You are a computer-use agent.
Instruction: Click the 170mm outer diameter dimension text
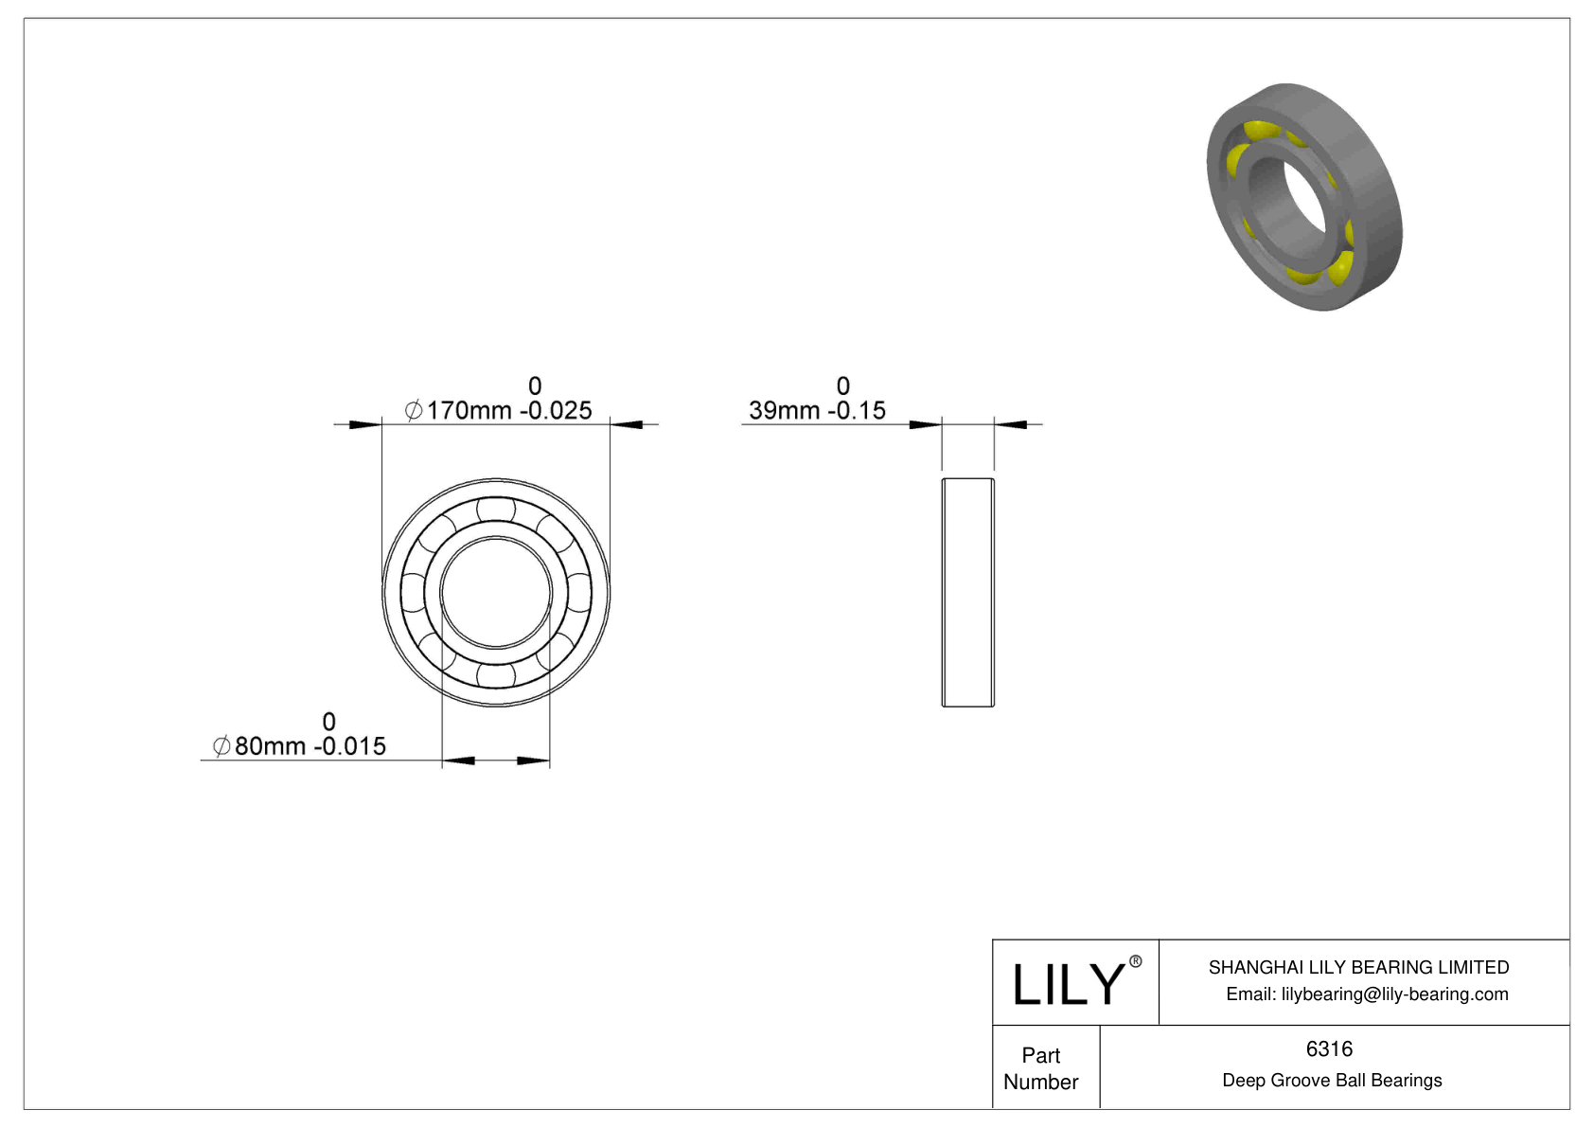click(508, 410)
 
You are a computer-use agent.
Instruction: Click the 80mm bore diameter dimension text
click(310, 746)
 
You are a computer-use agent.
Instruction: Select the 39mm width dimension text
click(817, 410)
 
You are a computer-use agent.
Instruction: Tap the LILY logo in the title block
click(1068, 984)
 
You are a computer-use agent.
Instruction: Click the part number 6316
click(1329, 1048)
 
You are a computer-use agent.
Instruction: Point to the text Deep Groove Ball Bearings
click(1332, 1081)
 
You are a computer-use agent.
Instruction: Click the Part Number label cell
click(1041, 1068)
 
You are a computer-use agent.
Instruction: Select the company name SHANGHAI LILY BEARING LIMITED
click(1358, 967)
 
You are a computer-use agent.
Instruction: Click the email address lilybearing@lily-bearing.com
click(1367, 994)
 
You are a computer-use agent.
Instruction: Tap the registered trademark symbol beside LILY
click(1135, 962)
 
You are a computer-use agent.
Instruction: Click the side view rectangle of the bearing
click(967, 592)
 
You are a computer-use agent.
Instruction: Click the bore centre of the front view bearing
click(496, 592)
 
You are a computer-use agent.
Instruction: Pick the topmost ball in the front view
click(496, 510)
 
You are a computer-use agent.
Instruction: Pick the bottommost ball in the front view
click(496, 674)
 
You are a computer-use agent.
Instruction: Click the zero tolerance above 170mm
click(535, 386)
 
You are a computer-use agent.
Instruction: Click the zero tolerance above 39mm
click(843, 386)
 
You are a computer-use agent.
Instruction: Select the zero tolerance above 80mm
click(328, 722)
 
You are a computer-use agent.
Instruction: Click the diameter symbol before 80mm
click(221, 746)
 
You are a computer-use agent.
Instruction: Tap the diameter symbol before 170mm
click(414, 410)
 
